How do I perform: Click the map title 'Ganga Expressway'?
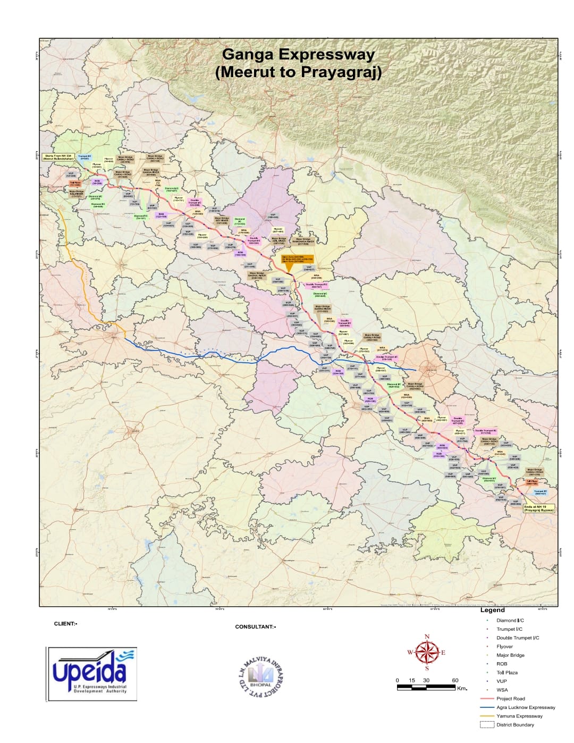coord(298,54)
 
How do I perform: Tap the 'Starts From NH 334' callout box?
coord(58,157)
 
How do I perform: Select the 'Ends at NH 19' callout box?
coord(538,508)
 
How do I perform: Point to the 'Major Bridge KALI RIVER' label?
coord(77,193)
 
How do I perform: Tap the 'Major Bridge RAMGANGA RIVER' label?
coord(303,241)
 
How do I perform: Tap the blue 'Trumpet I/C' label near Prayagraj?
coord(540,492)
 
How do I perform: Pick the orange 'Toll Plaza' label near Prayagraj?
coord(532,481)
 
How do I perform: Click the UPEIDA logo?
coord(92,673)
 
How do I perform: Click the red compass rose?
coord(427,652)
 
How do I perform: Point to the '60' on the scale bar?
coord(455,680)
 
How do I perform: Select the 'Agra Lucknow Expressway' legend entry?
coord(525,707)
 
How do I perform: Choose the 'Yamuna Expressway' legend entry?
coord(519,716)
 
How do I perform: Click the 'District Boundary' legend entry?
coord(515,724)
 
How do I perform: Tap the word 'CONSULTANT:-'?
coord(255,627)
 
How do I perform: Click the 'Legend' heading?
coord(492,610)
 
